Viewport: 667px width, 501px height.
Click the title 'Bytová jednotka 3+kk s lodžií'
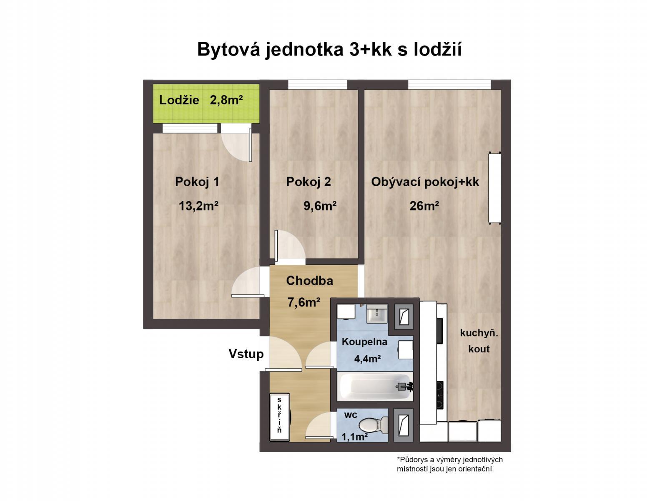pos(329,49)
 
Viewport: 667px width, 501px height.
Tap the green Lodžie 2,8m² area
pos(206,104)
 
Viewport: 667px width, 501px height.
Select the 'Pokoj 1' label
pos(197,182)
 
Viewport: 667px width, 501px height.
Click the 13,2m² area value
pos(198,206)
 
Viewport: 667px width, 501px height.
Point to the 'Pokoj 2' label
pos(308,182)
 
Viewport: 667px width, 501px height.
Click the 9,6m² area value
pos(320,206)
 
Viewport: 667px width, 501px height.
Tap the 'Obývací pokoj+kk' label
pos(425,182)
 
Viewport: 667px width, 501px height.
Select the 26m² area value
pos(424,206)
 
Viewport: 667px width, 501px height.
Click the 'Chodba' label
pos(309,281)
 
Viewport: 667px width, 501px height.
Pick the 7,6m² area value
pos(303,302)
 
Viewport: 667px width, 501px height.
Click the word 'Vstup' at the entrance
pos(246,354)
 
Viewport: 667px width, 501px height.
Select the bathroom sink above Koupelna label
pos(377,314)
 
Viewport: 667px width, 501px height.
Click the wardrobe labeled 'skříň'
pos(279,416)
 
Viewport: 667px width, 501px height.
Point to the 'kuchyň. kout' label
pos(479,341)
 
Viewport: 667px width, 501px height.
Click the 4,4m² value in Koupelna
pos(367,358)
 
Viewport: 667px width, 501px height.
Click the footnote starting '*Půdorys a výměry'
pos(449,464)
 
